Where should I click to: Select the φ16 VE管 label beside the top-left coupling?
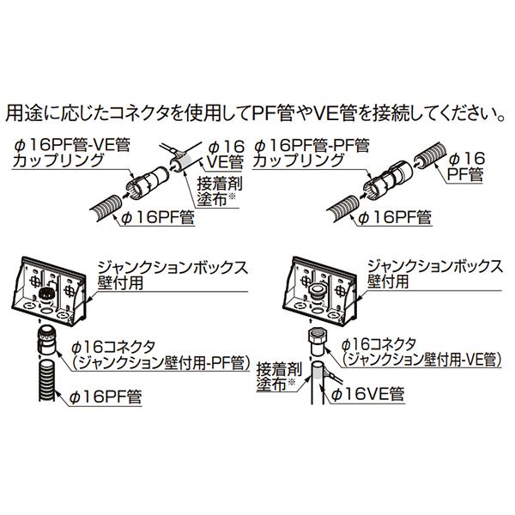point(224,153)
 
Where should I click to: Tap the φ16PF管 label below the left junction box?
point(107,395)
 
